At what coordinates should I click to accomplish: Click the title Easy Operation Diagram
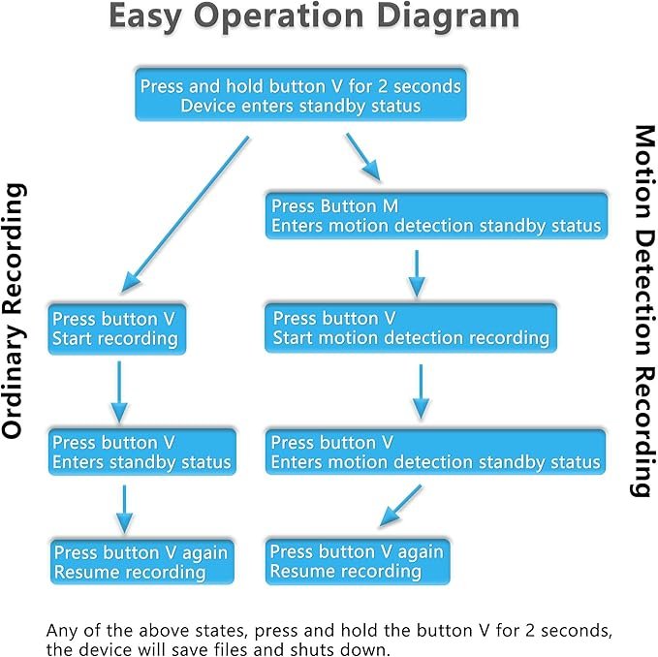point(314,16)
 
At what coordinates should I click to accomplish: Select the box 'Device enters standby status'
point(300,95)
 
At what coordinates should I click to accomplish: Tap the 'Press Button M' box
point(436,216)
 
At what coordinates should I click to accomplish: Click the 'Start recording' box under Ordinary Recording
point(116,328)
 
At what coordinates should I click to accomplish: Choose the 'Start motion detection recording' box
point(411,328)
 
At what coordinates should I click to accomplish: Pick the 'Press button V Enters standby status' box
point(141,452)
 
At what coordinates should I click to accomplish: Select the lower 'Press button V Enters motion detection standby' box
point(435,452)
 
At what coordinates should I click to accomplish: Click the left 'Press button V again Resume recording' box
point(141,562)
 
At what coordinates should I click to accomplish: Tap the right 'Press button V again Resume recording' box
point(358,561)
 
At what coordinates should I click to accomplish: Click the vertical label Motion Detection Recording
point(644,311)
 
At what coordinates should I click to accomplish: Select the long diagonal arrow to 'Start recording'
point(185,214)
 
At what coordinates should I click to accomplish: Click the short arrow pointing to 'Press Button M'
point(363,157)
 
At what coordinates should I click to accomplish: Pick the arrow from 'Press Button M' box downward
point(417,274)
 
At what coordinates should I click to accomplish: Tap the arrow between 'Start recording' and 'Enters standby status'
point(119,392)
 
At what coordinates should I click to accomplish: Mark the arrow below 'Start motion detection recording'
point(421,392)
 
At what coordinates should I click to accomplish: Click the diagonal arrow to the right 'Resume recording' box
point(400,506)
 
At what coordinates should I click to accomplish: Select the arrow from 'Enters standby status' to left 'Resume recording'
point(124,510)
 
